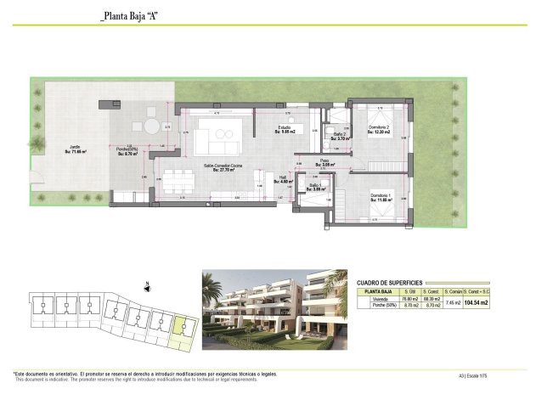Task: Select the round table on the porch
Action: click(151, 127)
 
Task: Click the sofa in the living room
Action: click(219, 133)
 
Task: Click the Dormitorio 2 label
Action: click(378, 130)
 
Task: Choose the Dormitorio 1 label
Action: click(379, 197)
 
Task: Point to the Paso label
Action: click(324, 162)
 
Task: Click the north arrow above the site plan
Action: click(148, 286)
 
